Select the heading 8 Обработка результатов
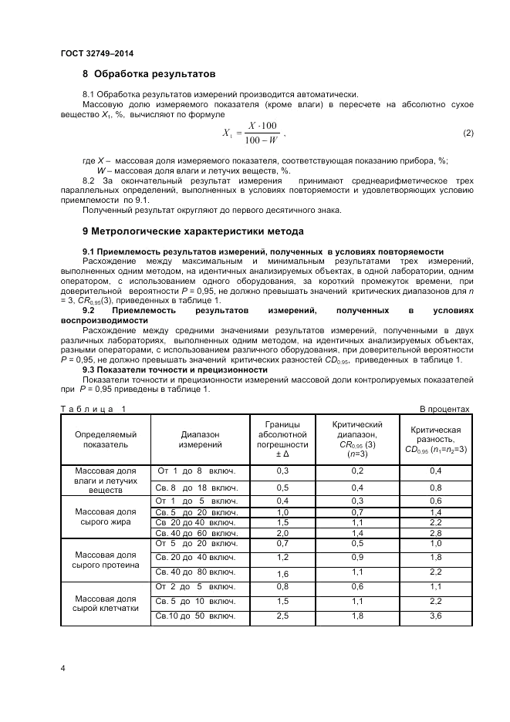(x=148, y=74)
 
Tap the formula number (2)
(x=468, y=133)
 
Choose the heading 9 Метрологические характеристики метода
(x=193, y=231)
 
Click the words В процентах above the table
(x=444, y=409)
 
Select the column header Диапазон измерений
(x=201, y=439)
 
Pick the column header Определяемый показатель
(x=106, y=439)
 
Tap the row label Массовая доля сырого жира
(x=106, y=517)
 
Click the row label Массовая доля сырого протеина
(x=106, y=559)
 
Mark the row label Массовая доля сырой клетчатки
(x=106, y=602)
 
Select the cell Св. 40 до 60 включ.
(x=196, y=534)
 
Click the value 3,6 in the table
(x=435, y=616)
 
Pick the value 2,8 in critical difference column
(x=435, y=534)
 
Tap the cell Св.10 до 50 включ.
(x=196, y=616)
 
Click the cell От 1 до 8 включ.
(x=196, y=471)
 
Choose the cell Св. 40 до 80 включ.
(x=196, y=572)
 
